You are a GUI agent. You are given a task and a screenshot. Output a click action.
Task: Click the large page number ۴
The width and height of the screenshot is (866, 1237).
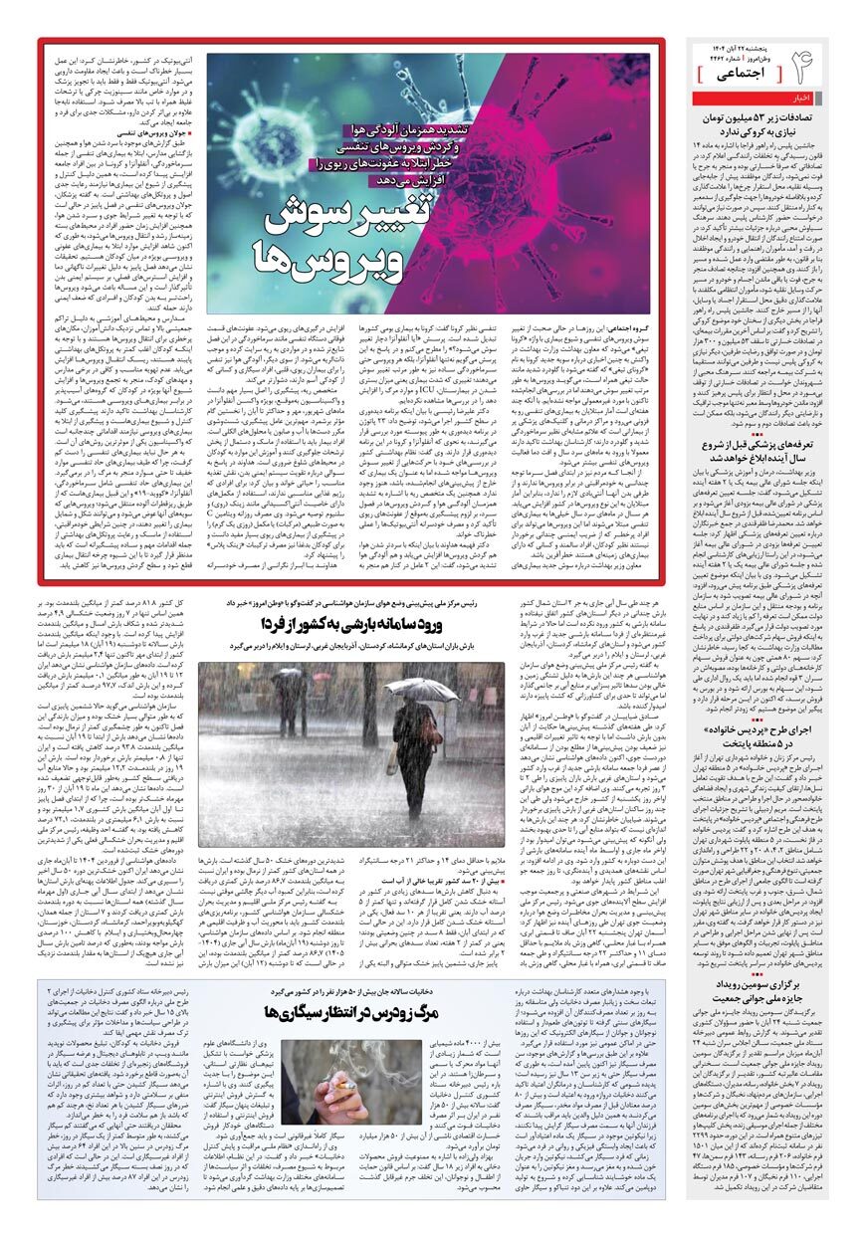[x=831, y=67]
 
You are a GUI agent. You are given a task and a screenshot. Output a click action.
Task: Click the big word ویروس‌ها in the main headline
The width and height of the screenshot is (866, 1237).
[x=318, y=258]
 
